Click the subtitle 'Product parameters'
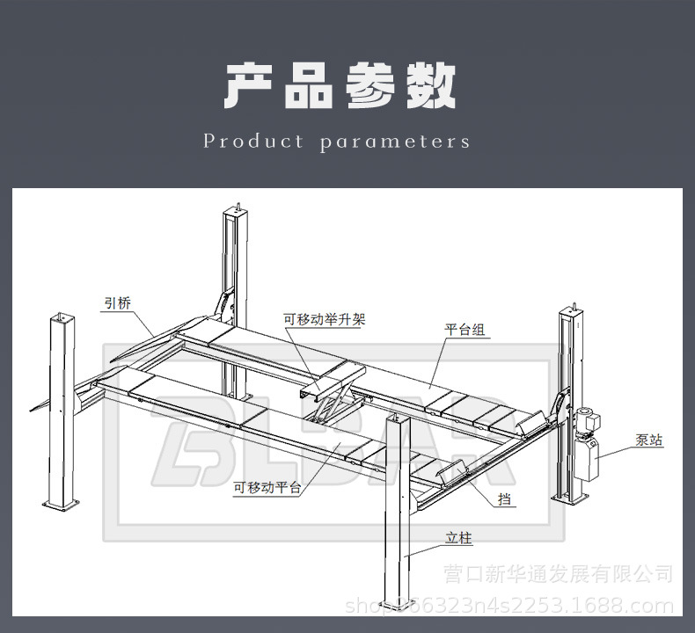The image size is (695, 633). click(337, 142)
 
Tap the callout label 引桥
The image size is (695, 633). click(118, 304)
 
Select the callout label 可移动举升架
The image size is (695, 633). click(324, 320)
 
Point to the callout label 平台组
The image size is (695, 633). click(465, 331)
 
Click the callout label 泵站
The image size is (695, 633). click(649, 440)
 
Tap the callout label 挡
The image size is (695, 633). click(505, 500)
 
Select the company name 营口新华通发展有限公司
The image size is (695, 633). click(559, 575)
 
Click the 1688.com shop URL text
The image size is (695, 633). click(510, 605)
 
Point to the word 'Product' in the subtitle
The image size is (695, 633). click(253, 142)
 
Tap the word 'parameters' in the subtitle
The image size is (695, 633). click(395, 142)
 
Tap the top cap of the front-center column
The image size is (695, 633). click(399, 421)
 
